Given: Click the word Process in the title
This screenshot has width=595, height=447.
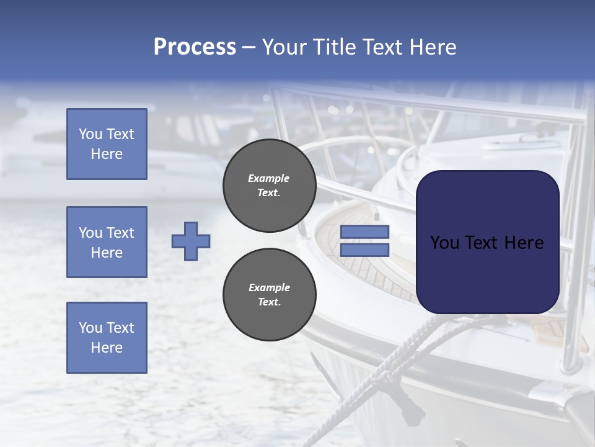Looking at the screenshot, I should coord(195,47).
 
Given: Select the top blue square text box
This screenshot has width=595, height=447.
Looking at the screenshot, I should coord(107,144).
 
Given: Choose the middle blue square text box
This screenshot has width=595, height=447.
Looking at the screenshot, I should coord(107,242).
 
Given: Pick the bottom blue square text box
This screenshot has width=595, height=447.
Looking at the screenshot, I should coord(107,338).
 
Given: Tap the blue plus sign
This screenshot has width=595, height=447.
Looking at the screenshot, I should coord(191,241).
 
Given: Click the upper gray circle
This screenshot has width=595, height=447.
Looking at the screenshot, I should coord(269,186).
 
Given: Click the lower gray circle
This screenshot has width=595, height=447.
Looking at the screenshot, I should coord(269,295).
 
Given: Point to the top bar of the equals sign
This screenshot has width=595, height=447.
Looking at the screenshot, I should coord(364,232).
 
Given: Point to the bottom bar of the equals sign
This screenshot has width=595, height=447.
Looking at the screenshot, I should coord(364,250).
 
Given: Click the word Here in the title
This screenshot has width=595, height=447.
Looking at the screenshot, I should coord(432,47).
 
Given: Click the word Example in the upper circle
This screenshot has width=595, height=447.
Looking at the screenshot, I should coord(269,178).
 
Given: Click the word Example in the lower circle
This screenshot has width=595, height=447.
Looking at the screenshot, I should coord(269,287).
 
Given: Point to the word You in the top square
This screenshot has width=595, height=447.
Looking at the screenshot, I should coord(90,134).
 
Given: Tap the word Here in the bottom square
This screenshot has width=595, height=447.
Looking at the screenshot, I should coord(107,348).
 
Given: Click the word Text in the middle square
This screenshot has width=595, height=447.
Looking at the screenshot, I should coord(120,233).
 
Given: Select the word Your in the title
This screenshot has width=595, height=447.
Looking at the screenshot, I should coord(286,47).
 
